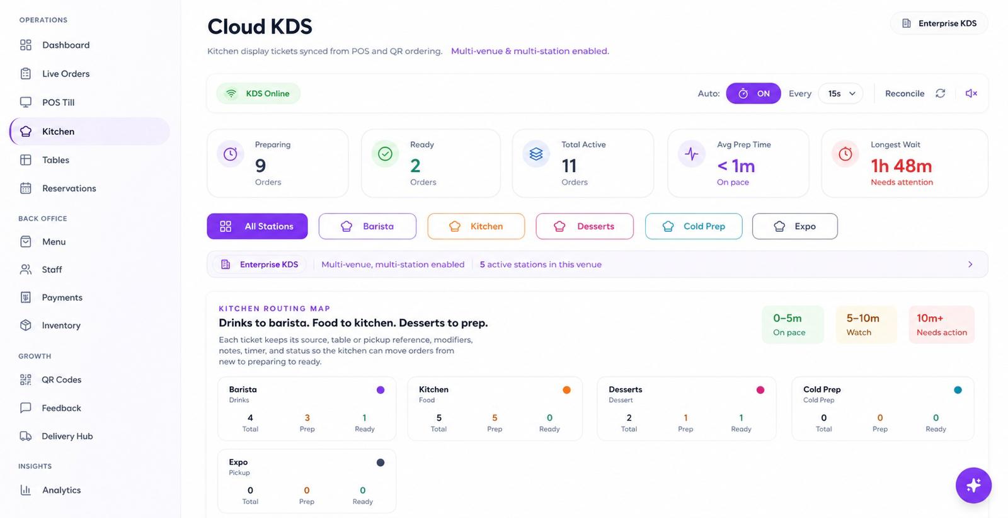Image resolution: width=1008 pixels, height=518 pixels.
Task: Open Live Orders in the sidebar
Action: tap(55, 74)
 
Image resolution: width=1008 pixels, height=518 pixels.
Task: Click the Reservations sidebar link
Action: tap(58, 188)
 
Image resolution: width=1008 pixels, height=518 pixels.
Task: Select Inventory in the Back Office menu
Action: tap(50, 325)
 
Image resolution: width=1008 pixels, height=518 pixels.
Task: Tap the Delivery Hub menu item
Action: tap(56, 436)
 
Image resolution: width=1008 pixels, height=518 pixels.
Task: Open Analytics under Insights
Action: tap(50, 490)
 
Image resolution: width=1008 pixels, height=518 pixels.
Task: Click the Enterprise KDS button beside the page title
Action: tap(939, 23)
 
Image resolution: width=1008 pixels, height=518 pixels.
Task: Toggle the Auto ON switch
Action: tap(753, 94)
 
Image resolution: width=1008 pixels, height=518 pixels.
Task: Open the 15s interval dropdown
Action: tap(840, 94)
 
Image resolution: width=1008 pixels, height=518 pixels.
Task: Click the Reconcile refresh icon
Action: tap(940, 94)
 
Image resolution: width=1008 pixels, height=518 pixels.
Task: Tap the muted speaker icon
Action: tap(971, 94)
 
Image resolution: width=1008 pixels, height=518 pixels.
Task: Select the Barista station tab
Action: tap(367, 226)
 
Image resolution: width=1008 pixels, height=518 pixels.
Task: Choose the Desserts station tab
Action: tap(585, 226)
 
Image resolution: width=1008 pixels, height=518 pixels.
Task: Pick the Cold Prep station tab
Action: tap(694, 226)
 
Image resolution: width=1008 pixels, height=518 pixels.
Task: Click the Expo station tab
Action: tap(794, 226)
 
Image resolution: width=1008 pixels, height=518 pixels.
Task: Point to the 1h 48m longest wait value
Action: tap(901, 166)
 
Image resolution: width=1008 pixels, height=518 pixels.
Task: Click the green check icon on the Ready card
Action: tap(385, 154)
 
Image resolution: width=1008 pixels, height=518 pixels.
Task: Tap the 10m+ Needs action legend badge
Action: tap(941, 325)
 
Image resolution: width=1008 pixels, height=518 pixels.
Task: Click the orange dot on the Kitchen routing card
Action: tap(566, 389)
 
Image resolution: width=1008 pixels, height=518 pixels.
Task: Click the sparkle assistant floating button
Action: tap(973, 485)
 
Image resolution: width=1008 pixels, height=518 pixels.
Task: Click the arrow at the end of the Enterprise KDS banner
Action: tap(970, 264)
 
